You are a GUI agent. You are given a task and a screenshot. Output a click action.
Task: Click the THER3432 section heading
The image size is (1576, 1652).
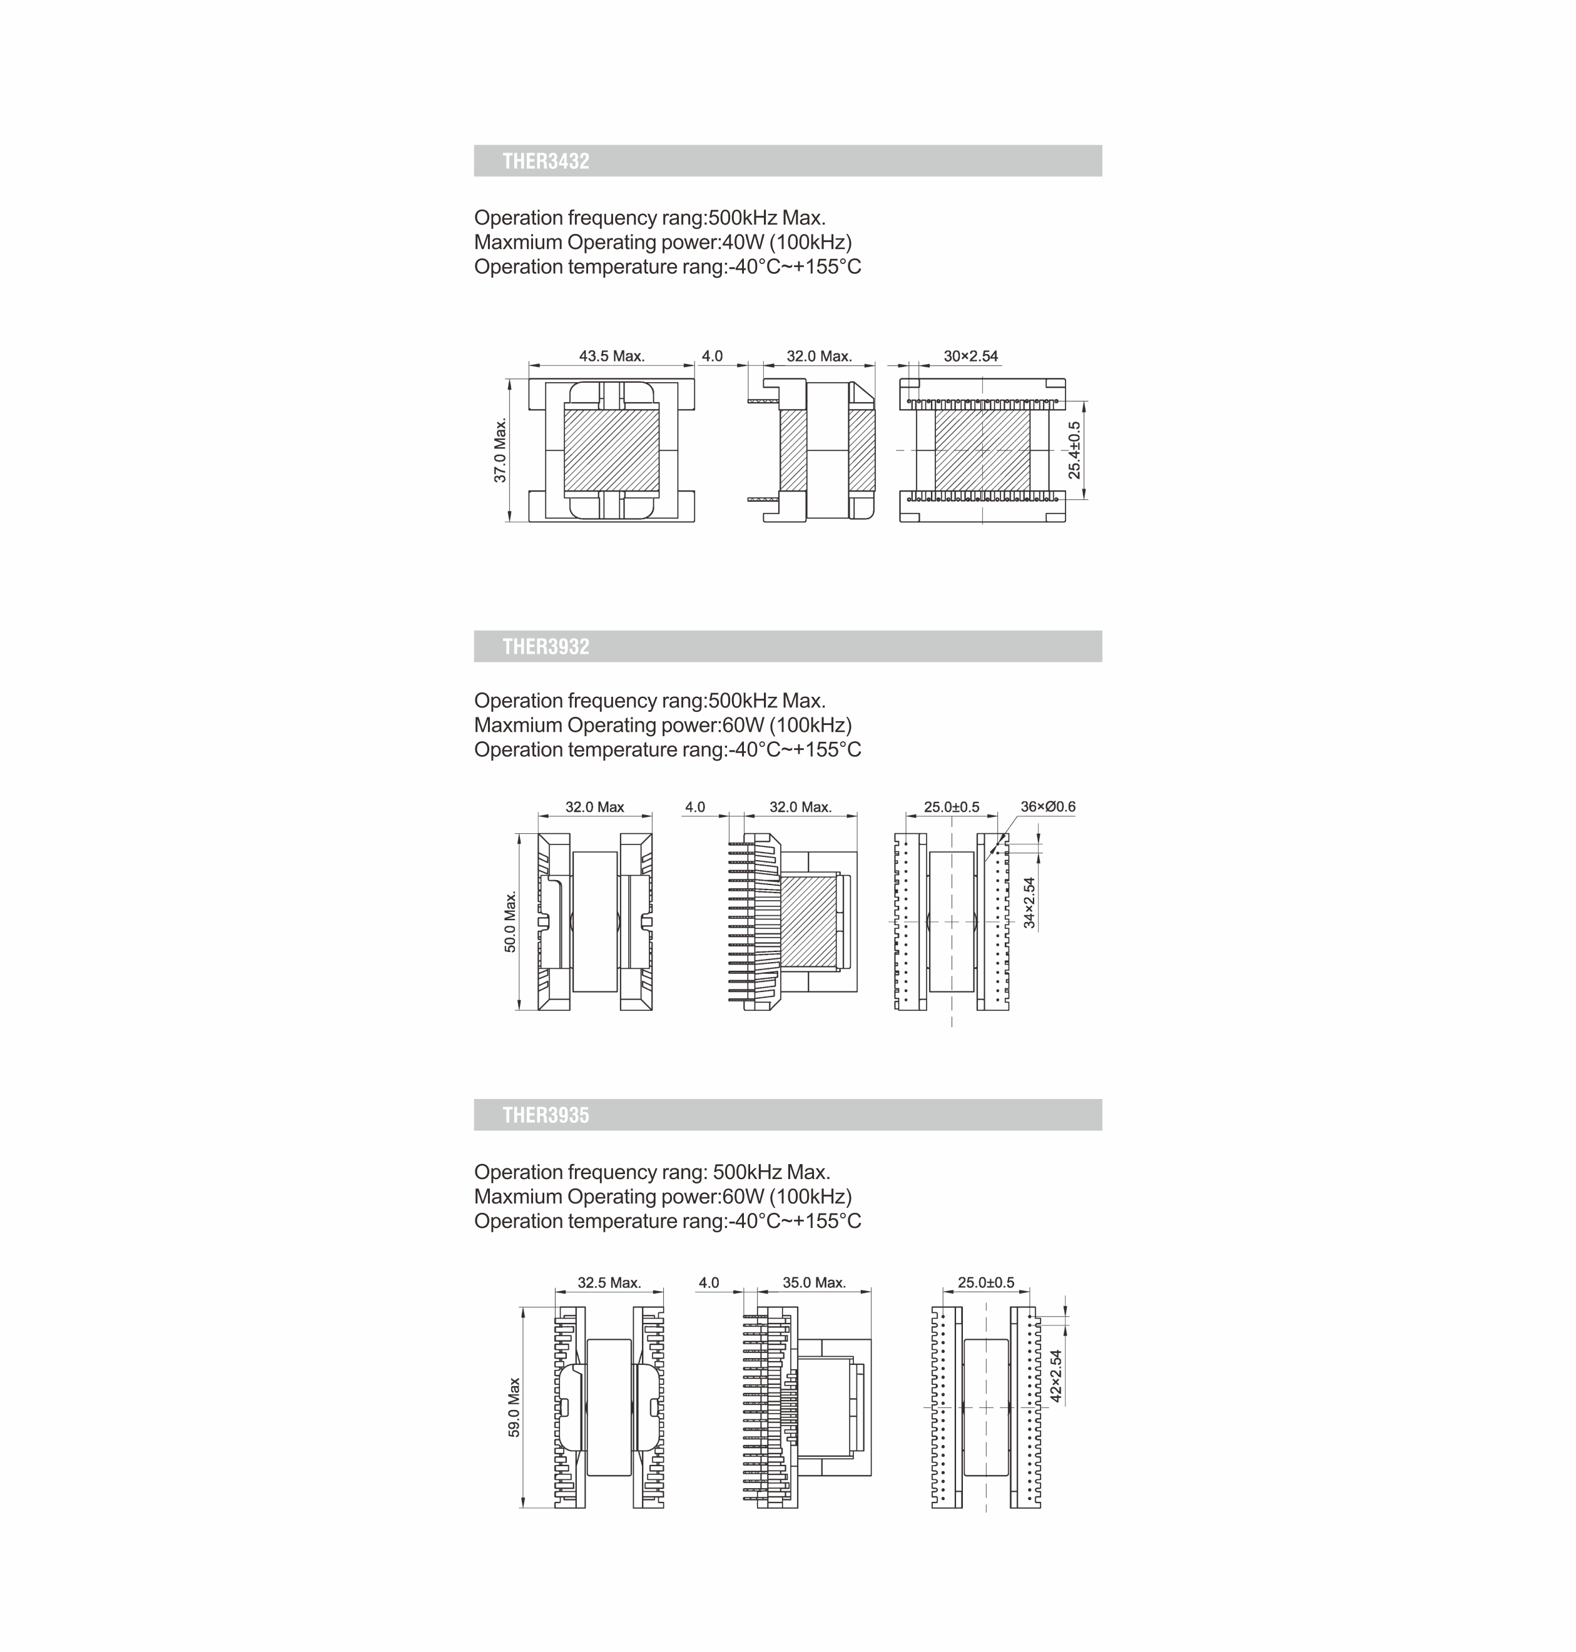[546, 161]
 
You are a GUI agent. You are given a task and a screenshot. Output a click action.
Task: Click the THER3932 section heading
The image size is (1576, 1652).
[546, 647]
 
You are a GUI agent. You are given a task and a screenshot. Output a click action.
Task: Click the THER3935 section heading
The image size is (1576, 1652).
[546, 1115]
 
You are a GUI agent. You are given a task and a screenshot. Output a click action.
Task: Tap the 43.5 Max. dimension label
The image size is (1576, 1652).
[612, 356]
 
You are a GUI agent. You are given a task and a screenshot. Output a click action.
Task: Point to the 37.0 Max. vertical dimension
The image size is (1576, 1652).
[501, 450]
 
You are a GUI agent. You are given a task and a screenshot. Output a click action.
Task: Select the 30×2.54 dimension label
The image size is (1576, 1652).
[970, 356]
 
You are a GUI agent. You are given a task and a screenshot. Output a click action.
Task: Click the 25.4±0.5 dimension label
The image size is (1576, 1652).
[1074, 451]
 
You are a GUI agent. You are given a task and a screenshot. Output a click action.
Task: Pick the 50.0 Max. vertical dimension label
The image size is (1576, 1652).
[511, 922]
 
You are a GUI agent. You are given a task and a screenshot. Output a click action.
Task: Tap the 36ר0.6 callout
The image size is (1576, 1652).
[1047, 807]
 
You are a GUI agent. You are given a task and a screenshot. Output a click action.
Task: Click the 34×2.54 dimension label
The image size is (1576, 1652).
[1030, 903]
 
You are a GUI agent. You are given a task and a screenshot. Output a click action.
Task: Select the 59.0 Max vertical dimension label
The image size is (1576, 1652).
[514, 1407]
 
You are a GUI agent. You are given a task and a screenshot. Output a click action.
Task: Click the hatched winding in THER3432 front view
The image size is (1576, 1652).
[612, 450]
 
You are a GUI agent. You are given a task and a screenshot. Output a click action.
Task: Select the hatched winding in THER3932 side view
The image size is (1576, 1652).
[808, 921]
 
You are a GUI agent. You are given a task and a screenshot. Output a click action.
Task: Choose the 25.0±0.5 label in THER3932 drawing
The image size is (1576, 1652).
[951, 807]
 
